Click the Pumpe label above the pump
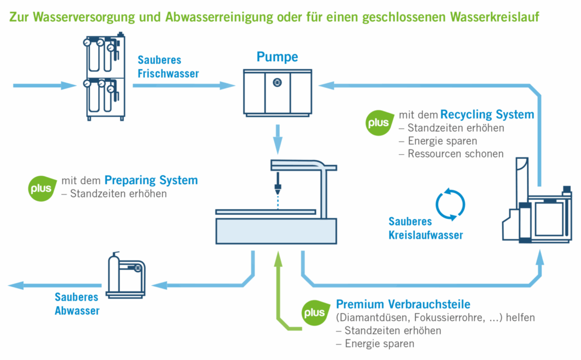277,57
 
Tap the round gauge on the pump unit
277,82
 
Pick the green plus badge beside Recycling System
378,124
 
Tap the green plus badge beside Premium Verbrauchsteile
314,312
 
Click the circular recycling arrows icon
449,204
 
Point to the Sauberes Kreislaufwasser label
426,228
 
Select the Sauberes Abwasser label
77,303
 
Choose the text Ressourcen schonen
451,154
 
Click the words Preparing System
151,181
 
